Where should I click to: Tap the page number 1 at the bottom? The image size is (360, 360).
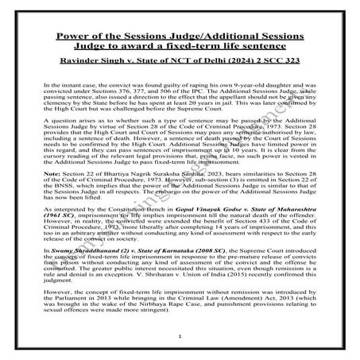(180, 337)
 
